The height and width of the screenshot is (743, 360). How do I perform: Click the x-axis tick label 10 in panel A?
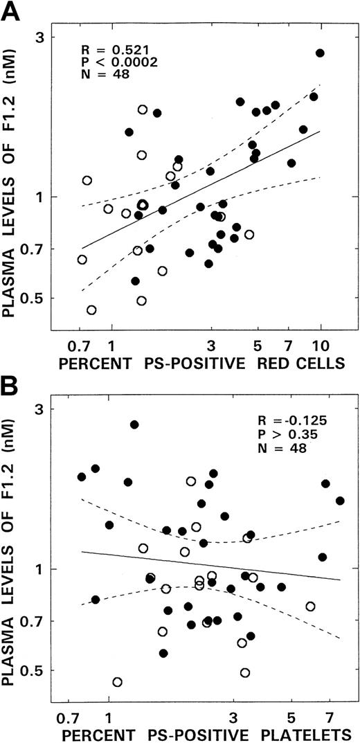click(x=321, y=346)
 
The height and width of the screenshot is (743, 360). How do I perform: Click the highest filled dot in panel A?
click(x=320, y=53)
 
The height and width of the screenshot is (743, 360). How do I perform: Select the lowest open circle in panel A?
click(x=91, y=310)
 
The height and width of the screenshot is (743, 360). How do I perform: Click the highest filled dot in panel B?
click(x=134, y=424)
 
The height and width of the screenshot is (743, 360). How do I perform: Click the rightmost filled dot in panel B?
click(x=340, y=501)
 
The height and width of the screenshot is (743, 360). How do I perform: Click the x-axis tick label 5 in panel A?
click(x=257, y=346)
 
